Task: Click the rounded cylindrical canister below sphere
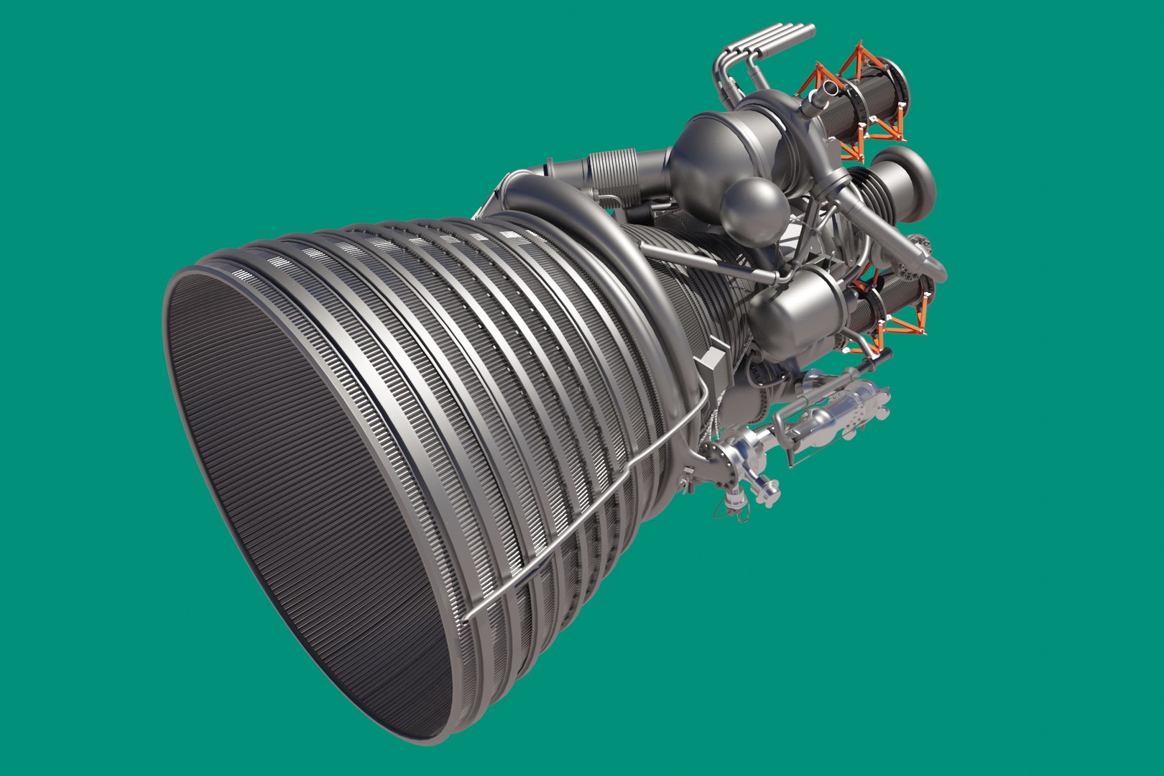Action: (x=790, y=302)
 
